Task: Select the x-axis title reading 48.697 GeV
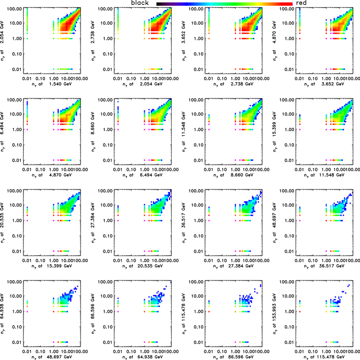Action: [53, 356]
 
